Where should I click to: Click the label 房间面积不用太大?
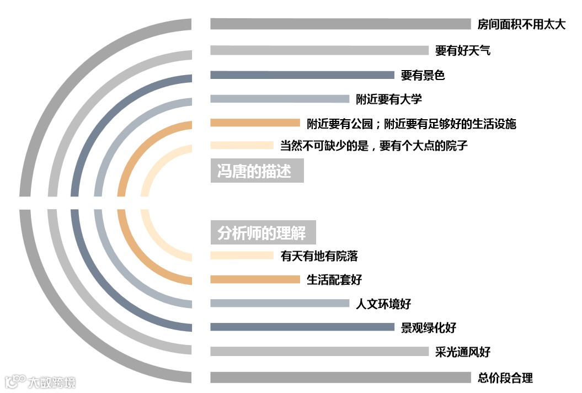(x=521, y=25)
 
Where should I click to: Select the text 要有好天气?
(x=462, y=51)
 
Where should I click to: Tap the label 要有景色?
(x=423, y=76)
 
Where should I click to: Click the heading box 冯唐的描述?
(x=257, y=171)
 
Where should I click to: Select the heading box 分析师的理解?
(x=263, y=233)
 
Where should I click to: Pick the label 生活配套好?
(x=334, y=280)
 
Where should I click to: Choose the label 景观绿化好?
(x=428, y=327)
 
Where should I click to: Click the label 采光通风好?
(x=462, y=352)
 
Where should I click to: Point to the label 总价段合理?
(x=505, y=378)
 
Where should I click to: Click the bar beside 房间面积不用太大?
(x=340, y=24)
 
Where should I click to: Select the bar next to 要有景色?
(x=302, y=75)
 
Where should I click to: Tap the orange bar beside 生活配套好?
(x=254, y=279)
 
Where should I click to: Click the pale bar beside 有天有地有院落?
(x=242, y=255)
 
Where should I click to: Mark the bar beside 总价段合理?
(x=340, y=378)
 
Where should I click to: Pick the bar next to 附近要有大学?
(x=279, y=99)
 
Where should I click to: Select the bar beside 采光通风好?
(x=319, y=351)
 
